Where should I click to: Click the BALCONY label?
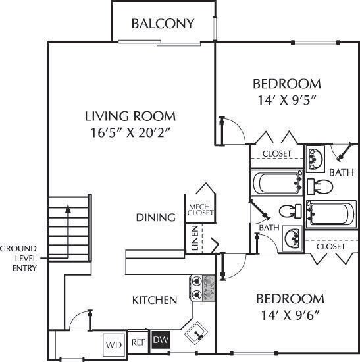point(163,24)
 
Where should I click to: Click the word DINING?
point(155,217)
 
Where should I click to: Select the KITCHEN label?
point(155,300)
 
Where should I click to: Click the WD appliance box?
point(113,344)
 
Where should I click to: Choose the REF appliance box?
point(138,342)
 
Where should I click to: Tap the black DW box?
point(159,340)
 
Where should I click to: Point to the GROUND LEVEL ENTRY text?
point(18,258)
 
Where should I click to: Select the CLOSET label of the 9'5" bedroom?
point(277,153)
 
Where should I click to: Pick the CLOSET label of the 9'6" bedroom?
point(330,246)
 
